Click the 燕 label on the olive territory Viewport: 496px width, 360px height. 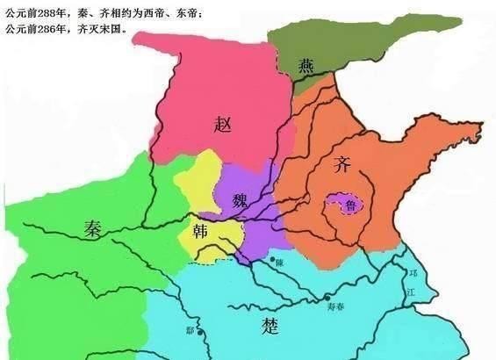pyautogui.click(x=306, y=64)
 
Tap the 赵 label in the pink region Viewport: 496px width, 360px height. pyautogui.click(x=223, y=124)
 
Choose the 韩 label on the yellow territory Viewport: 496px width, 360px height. pyautogui.click(x=199, y=232)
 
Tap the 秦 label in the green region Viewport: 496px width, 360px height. pyautogui.click(x=94, y=229)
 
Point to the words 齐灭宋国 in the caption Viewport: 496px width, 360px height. pyautogui.click(x=104, y=28)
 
